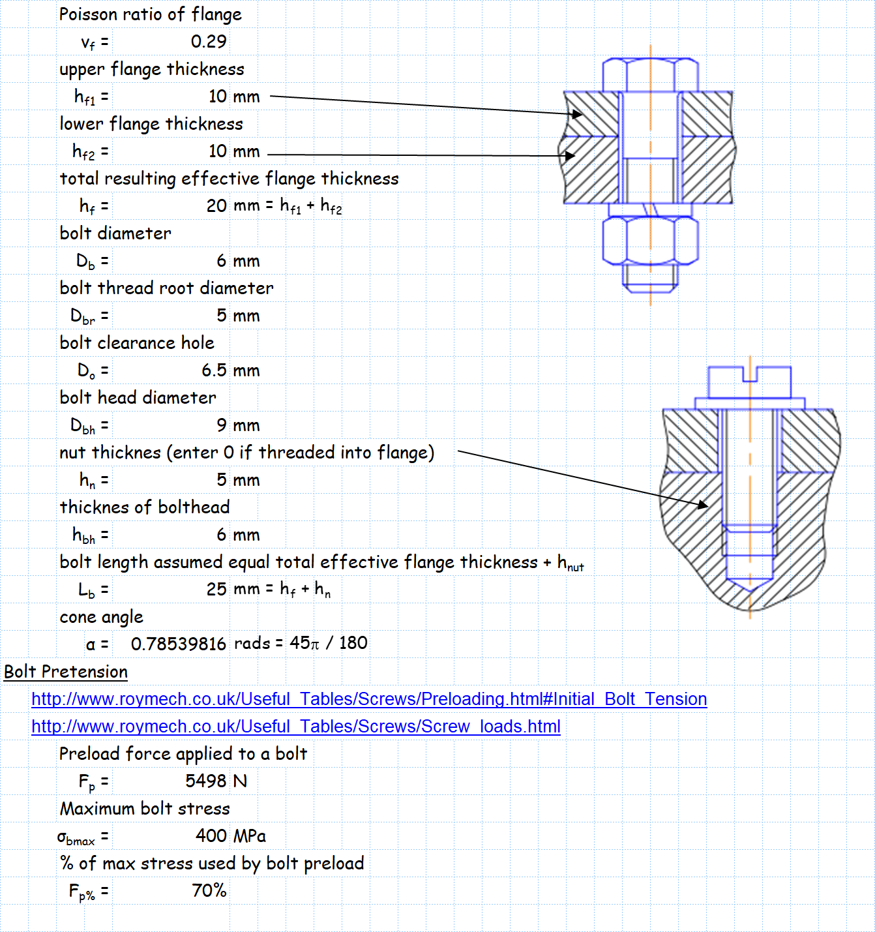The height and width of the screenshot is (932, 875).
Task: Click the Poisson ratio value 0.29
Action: pos(208,42)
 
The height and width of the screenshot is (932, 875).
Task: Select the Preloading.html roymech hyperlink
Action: pos(369,699)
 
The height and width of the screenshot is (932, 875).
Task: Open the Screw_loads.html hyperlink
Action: pos(296,727)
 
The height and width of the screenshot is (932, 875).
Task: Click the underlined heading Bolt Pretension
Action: pos(66,672)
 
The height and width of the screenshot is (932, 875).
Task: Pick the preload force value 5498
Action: pos(206,781)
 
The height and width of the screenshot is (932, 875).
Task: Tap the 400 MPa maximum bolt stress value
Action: pos(231,835)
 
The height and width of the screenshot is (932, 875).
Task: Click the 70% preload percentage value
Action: pos(209,891)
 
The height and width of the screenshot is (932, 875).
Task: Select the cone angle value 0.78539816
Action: pos(178,644)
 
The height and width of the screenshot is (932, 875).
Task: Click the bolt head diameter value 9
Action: pos(222,426)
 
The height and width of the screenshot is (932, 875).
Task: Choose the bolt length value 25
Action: pos(216,590)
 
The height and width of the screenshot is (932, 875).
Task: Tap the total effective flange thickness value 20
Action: pos(216,206)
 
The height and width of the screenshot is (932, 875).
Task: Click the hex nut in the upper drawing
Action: pos(650,240)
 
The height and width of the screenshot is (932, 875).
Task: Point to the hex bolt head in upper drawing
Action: pos(650,74)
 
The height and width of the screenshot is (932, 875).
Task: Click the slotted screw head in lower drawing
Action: pos(749,382)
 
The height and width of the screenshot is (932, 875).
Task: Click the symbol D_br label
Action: pos(83,316)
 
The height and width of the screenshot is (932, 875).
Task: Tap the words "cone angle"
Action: pos(101,617)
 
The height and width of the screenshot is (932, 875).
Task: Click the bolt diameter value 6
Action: pos(222,261)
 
